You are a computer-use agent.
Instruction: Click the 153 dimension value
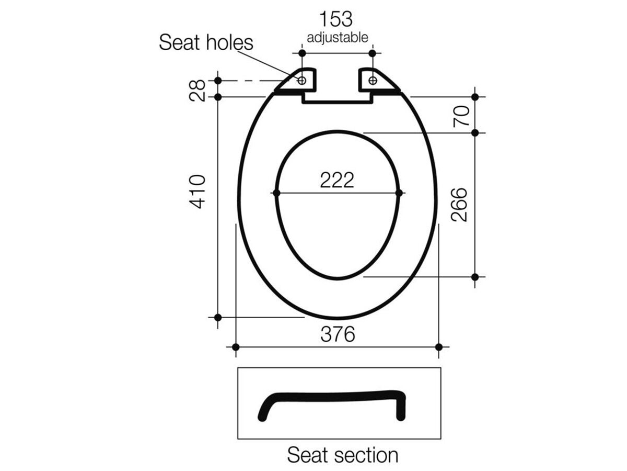tap(336, 19)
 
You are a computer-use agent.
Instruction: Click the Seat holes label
tap(206, 42)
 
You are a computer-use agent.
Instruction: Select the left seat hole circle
tap(301, 80)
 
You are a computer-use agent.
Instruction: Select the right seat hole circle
tap(373, 80)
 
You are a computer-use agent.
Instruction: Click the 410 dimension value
tap(198, 192)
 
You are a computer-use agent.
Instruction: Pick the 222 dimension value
tap(337, 181)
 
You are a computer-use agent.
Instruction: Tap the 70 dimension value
tap(459, 115)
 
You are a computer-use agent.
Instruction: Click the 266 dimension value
tap(459, 204)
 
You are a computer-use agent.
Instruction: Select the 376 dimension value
tap(338, 334)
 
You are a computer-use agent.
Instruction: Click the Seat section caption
tap(342, 455)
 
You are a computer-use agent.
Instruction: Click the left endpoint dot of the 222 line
tap(277, 193)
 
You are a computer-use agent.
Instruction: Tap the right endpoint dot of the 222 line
tap(399, 193)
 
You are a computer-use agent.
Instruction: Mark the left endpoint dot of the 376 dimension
tap(236, 347)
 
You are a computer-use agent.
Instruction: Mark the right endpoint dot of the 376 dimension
tap(439, 347)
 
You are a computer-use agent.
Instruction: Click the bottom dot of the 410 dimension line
tap(218, 317)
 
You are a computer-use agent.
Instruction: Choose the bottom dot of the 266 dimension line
tap(475, 277)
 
